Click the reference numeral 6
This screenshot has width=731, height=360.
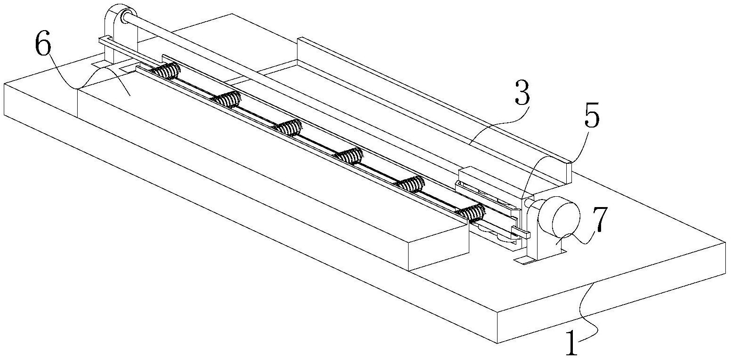coord(43,43)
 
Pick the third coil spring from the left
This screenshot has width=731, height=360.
coord(288,127)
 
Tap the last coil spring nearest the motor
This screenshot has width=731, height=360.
coord(471,213)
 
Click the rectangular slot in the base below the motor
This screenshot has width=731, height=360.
coord(524,260)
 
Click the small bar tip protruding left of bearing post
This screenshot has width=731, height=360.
coord(102,40)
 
